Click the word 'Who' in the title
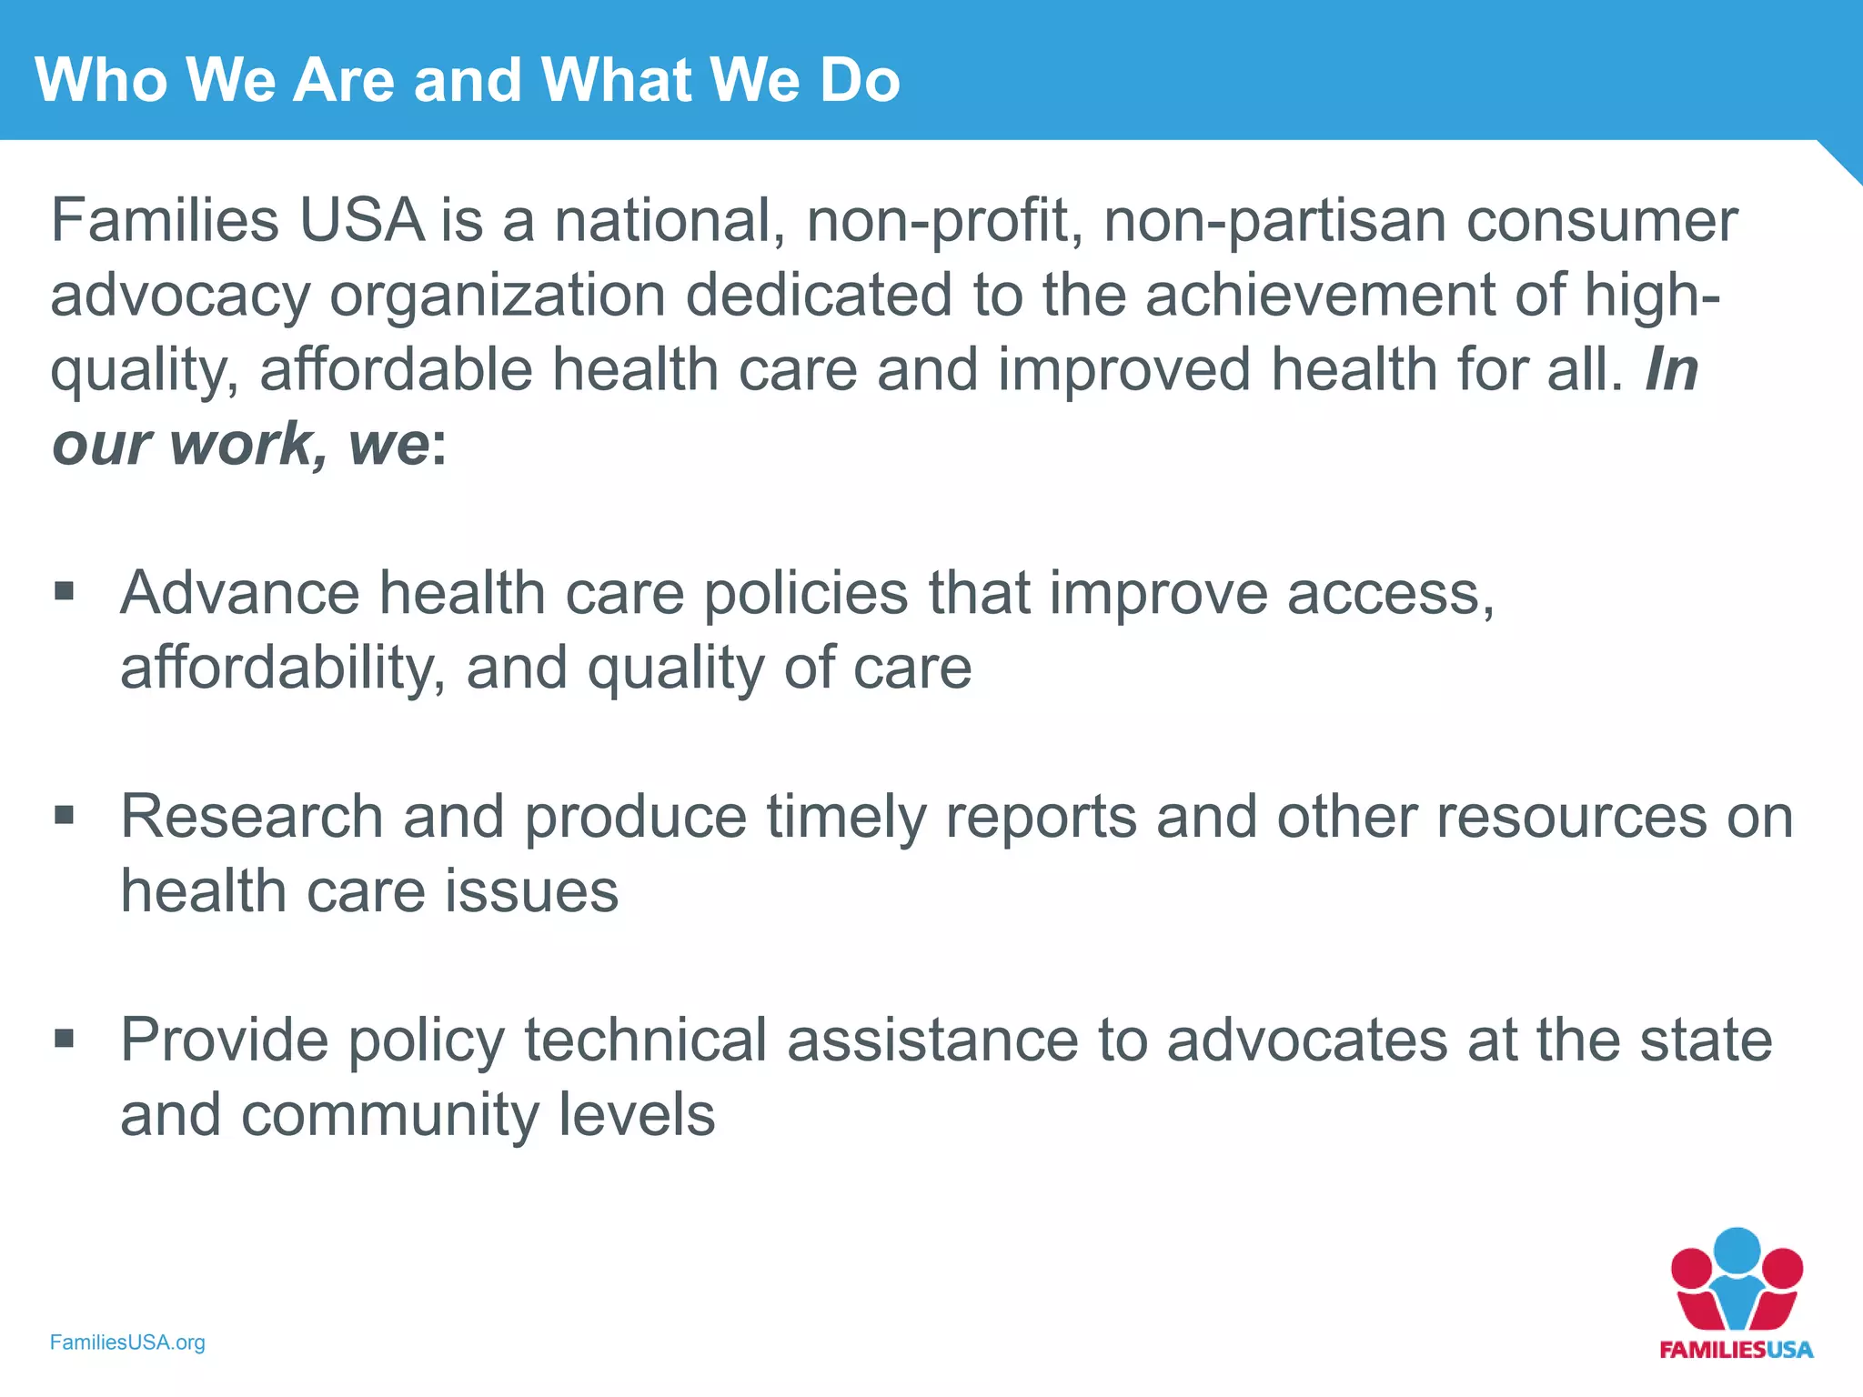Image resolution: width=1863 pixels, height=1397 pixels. click(101, 80)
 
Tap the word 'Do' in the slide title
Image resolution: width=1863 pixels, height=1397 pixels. click(859, 80)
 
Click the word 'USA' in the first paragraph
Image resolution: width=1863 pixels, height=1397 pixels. click(362, 221)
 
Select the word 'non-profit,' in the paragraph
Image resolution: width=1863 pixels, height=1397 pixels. click(945, 221)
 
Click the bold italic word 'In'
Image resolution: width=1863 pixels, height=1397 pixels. click(1671, 370)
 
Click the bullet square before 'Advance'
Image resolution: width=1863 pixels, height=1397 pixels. click(64, 592)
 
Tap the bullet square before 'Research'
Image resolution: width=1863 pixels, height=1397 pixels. click(64, 815)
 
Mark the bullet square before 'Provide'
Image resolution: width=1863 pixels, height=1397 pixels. click(64, 1038)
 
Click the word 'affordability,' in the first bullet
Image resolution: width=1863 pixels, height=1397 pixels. click(283, 668)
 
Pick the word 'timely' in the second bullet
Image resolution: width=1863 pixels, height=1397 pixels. click(846, 816)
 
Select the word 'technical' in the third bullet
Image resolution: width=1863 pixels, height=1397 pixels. click(645, 1040)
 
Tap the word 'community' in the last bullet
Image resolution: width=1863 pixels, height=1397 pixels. click(389, 1114)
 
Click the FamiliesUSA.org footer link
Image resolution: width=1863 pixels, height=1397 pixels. click(127, 1342)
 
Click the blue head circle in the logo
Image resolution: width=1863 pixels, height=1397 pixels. click(1737, 1251)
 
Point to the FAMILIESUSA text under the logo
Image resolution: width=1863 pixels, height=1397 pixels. click(1736, 1350)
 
